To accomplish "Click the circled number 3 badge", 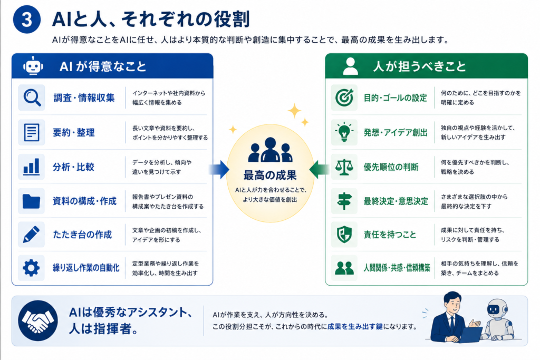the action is (27, 20).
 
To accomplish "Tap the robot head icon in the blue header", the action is (33, 66).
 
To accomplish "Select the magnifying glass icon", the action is (32, 98).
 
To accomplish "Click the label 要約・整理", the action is (74, 132).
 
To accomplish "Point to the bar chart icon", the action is (31, 167).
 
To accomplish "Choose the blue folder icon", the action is (31, 201).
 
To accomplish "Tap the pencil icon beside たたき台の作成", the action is (31, 235).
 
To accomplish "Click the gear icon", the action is (31, 268).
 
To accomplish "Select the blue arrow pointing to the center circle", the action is (219, 169).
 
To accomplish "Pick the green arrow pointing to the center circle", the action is (320, 169).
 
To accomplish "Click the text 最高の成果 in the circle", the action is (270, 175).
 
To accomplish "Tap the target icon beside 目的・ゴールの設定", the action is (344, 98).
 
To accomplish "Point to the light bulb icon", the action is (344, 132).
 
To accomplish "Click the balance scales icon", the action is (344, 167).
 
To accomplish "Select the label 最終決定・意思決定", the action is (396, 201).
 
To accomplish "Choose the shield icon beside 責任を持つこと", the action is (344, 235).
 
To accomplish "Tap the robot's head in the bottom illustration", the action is (496, 309).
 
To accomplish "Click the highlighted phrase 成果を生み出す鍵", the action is (355, 327).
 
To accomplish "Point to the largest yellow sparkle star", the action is (294, 111).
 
